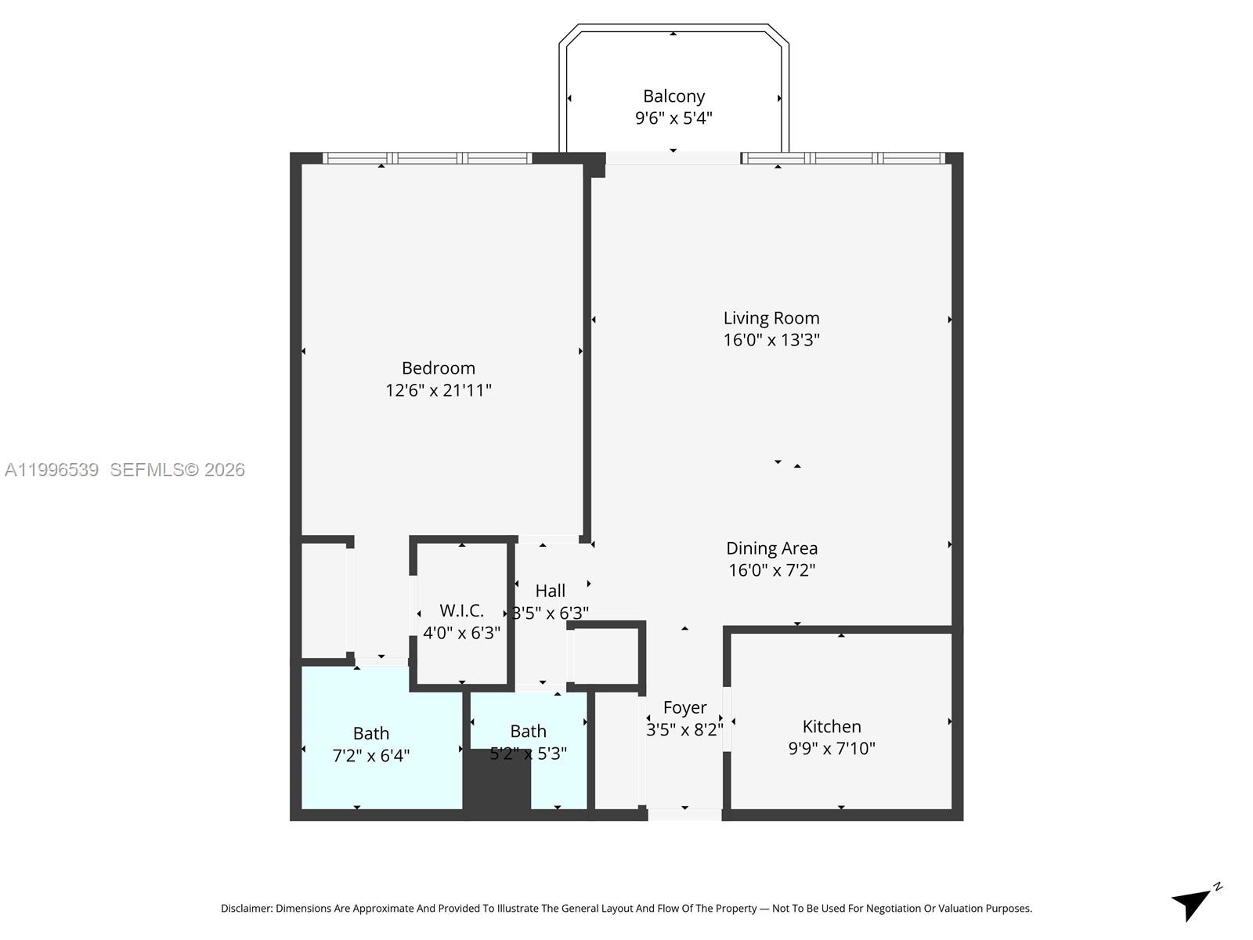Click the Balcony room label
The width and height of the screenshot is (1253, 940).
pyautogui.click(x=673, y=96)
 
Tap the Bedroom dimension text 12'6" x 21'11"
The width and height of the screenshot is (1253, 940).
pyautogui.click(x=439, y=390)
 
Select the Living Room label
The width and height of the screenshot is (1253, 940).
pyautogui.click(x=771, y=318)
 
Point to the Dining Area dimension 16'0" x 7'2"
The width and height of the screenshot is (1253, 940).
pyautogui.click(x=771, y=570)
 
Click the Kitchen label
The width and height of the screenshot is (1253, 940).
pyautogui.click(x=832, y=726)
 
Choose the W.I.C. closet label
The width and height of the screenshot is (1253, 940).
pyautogui.click(x=461, y=610)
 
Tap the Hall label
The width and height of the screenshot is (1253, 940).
pyautogui.click(x=550, y=591)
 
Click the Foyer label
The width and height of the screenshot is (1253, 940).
pyautogui.click(x=684, y=707)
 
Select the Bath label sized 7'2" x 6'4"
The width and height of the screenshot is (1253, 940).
pyautogui.click(x=370, y=733)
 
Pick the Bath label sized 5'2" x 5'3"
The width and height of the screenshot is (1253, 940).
pyautogui.click(x=528, y=731)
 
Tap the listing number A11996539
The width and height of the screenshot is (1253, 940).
pyautogui.click(x=52, y=470)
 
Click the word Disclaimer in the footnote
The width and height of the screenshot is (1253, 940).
pyautogui.click(x=246, y=909)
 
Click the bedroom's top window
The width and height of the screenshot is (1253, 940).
pyautogui.click(x=428, y=158)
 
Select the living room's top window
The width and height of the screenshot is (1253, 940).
pyautogui.click(x=843, y=158)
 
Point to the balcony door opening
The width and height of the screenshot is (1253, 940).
pyautogui.click(x=673, y=158)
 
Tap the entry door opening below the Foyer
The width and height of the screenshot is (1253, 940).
pyautogui.click(x=684, y=815)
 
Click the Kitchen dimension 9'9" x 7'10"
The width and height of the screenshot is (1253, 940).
pyautogui.click(x=832, y=748)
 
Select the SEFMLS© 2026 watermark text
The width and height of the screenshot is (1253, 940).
pyautogui.click(x=177, y=470)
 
